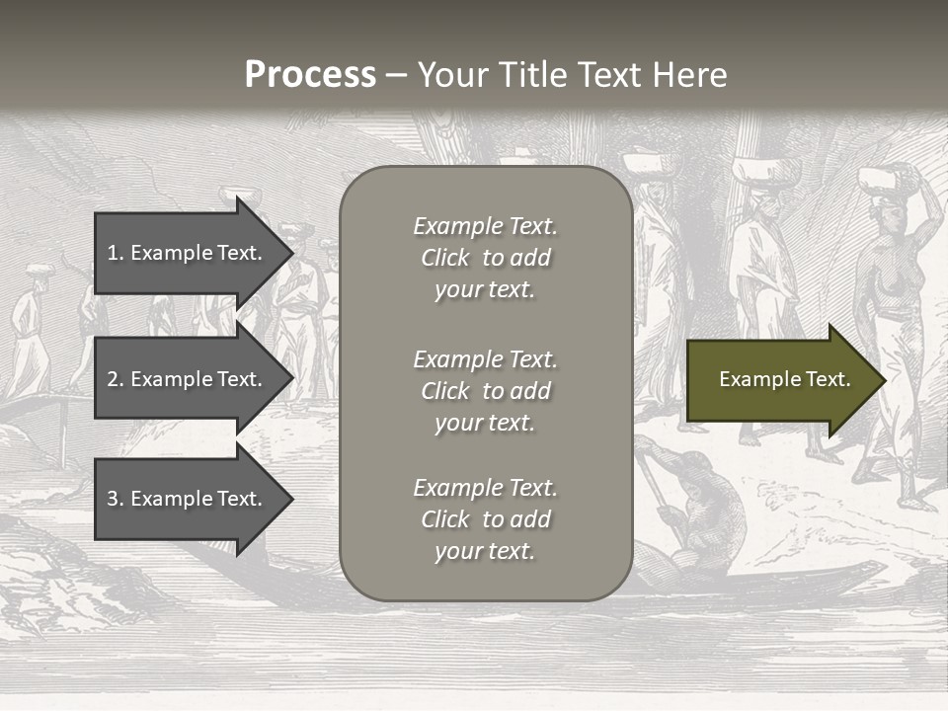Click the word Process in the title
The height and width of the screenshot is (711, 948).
coord(310,75)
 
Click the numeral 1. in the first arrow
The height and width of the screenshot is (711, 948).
coord(116,253)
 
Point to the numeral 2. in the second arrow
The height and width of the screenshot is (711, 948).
coord(116,379)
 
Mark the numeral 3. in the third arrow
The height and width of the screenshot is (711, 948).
coord(116,499)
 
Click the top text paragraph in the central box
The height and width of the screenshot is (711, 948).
coord(485,258)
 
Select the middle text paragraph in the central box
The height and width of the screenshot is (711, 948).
coord(485,391)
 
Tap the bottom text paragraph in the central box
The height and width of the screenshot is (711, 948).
coord(485,519)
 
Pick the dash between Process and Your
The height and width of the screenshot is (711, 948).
coord(397,75)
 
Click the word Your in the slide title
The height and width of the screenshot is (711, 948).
coord(451,75)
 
